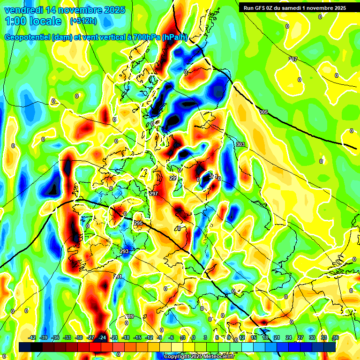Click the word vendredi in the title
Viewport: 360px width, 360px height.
pos(22,10)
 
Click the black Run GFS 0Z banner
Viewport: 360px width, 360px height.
pos(295,7)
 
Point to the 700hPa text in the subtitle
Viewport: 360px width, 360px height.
pos(145,37)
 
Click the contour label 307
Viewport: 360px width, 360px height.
pos(293,59)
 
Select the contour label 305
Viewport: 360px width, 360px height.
pos(263,112)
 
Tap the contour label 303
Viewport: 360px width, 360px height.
pos(240,144)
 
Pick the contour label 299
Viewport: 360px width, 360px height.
pos(173,178)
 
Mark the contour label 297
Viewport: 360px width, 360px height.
pos(154,194)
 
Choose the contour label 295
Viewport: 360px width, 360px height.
pos(138,223)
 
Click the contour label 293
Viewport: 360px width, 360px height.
pos(124,252)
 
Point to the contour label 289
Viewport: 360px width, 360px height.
pos(129,316)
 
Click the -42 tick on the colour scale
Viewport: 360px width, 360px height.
pos(32,337)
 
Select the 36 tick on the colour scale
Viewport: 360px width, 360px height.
pos(335,337)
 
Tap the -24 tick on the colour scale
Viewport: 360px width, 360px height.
pos(102,337)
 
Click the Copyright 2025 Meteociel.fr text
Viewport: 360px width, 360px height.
pos(199,356)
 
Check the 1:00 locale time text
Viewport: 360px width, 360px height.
pos(33,21)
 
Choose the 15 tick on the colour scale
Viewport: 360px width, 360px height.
pos(254,337)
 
